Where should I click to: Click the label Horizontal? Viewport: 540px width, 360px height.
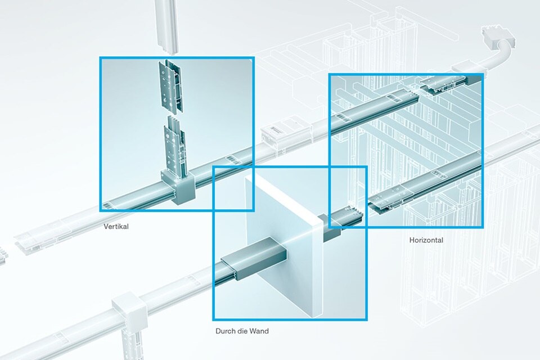[x=426, y=240]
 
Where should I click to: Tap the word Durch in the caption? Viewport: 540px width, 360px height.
[x=225, y=331]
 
